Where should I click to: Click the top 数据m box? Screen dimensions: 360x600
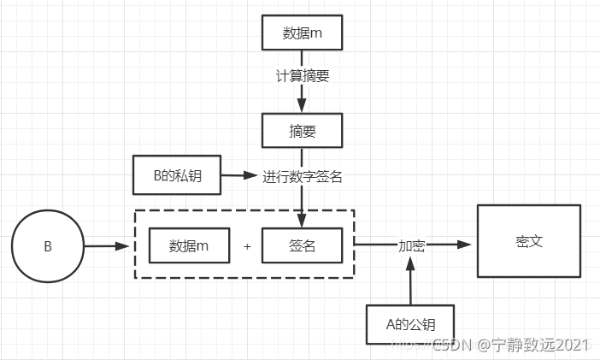point(302,33)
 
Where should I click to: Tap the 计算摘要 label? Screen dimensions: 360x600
point(302,75)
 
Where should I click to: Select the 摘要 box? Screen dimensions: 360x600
point(302,132)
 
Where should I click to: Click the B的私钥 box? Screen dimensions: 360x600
point(175,175)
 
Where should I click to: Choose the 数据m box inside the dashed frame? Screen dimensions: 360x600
point(189,245)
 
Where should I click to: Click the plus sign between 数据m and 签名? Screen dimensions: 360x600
point(247,246)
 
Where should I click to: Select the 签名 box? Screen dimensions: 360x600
point(302,245)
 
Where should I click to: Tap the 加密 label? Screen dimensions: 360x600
point(411,245)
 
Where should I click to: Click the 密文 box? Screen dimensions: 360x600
point(529,241)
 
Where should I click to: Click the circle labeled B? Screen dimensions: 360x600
point(48,246)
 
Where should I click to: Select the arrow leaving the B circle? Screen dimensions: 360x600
point(107,246)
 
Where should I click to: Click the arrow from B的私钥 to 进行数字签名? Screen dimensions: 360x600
point(238,176)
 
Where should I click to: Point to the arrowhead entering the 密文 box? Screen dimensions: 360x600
point(467,245)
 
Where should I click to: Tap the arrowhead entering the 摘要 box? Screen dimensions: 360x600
point(302,107)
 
